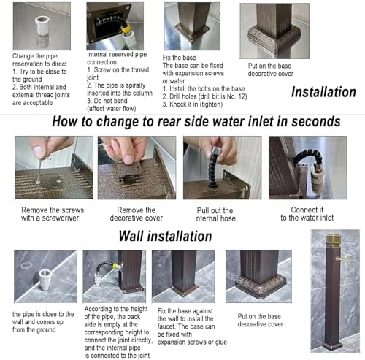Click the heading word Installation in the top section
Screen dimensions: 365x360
point(323,92)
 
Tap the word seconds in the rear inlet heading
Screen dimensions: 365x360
point(316,121)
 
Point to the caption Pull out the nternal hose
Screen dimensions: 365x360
point(216,214)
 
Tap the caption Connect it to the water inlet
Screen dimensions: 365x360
point(307,213)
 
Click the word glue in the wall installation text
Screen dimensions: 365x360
point(221,342)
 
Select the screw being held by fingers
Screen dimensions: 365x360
point(39,170)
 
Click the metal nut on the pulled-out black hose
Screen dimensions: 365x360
point(215,150)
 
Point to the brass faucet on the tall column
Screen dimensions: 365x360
point(343,258)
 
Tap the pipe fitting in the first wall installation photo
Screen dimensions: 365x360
point(45,280)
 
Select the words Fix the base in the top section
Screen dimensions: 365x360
point(179,58)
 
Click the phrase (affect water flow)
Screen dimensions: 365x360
point(112,109)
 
